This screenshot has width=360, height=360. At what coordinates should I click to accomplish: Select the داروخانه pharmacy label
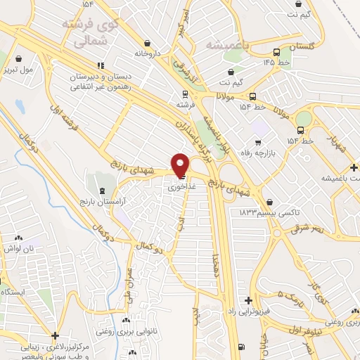[x=148, y=53]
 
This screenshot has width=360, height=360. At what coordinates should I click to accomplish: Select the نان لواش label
[x=18, y=249]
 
